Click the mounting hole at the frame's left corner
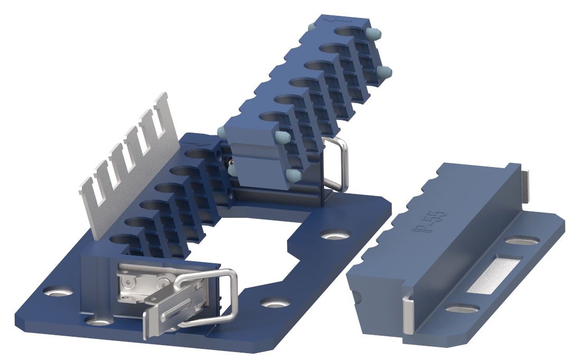pos(58,291)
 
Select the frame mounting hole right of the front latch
pos(275,302)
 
